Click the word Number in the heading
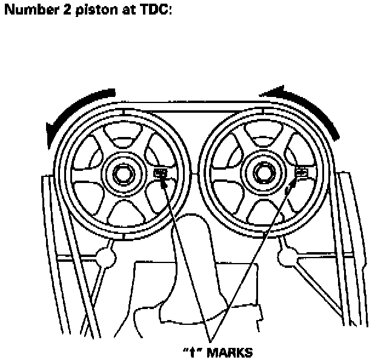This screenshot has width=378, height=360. (x=27, y=11)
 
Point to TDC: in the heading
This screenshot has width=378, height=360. (x=149, y=11)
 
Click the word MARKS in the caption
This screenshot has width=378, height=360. (x=230, y=352)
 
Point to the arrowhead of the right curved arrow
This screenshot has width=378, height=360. (x=267, y=92)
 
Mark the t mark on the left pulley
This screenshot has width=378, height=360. (x=161, y=173)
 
